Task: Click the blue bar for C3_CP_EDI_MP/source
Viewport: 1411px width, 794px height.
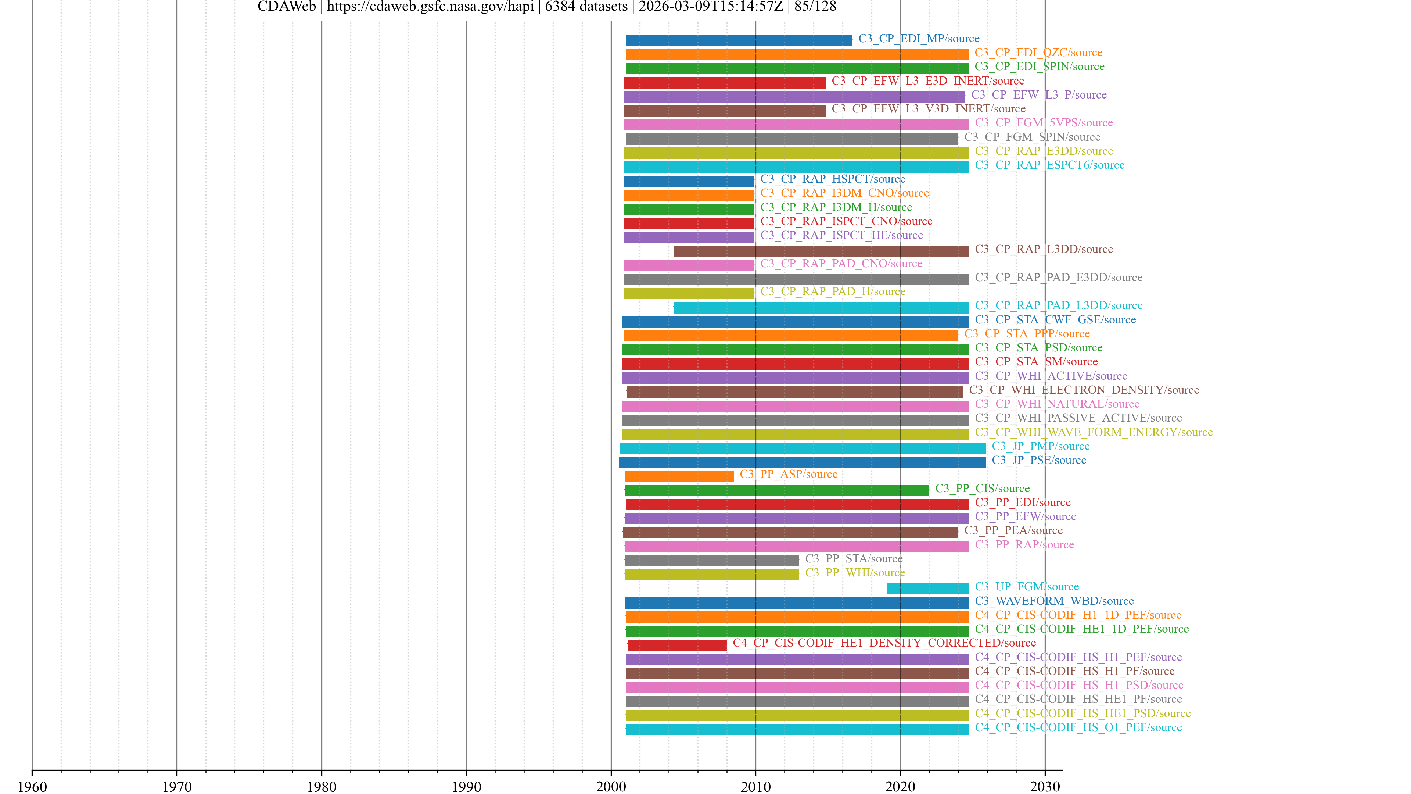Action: pos(739,40)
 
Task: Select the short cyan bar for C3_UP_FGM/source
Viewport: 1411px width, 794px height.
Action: pos(927,589)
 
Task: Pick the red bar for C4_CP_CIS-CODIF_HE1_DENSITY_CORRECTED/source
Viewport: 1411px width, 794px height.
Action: pos(676,645)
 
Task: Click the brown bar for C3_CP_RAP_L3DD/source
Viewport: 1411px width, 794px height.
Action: pos(821,251)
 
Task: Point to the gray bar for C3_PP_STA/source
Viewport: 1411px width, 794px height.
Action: pos(711,561)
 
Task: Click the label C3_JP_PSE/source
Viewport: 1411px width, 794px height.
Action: pos(1038,460)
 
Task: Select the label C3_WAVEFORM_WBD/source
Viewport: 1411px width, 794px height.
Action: pos(1054,601)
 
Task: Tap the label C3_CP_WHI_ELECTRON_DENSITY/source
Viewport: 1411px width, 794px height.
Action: pos(1084,390)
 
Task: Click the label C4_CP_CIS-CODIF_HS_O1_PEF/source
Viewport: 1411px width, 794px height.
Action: pos(1078,728)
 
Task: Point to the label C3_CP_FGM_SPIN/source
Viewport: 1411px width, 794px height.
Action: pos(1032,137)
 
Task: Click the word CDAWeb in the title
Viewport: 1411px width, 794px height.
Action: pos(287,7)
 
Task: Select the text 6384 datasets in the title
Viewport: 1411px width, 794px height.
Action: pos(586,7)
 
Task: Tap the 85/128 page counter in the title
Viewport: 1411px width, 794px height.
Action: pos(815,7)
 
